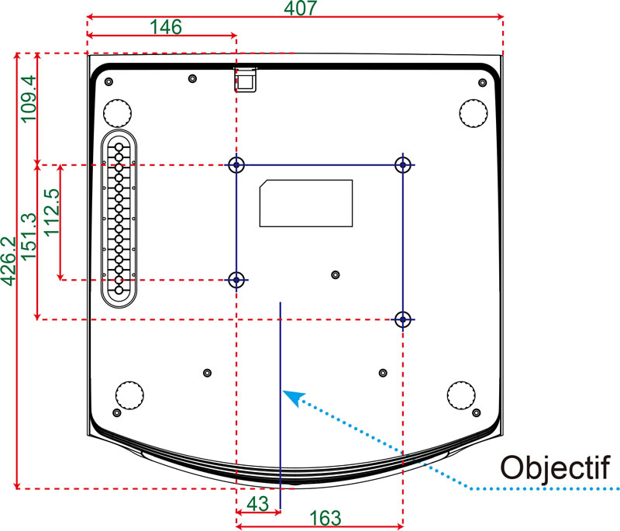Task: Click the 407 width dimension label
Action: click(x=301, y=8)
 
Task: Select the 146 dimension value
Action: click(x=166, y=27)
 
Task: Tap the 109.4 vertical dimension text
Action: click(x=29, y=100)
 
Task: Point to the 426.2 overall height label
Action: click(x=9, y=261)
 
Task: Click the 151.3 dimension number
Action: click(x=29, y=237)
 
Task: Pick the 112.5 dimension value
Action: click(x=52, y=212)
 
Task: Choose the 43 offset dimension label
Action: click(x=258, y=504)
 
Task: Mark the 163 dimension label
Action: click(x=325, y=518)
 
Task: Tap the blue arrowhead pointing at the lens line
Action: click(x=293, y=397)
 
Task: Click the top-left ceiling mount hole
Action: click(x=236, y=164)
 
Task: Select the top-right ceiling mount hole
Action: click(x=403, y=164)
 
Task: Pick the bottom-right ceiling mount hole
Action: click(x=403, y=319)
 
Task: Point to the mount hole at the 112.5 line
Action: click(x=236, y=280)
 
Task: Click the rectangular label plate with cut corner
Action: click(x=306, y=203)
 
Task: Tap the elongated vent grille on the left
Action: click(x=119, y=219)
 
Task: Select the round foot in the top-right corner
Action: click(x=474, y=113)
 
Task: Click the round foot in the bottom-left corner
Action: click(x=129, y=395)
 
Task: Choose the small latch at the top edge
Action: click(x=246, y=80)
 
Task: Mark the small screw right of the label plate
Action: click(x=336, y=274)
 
